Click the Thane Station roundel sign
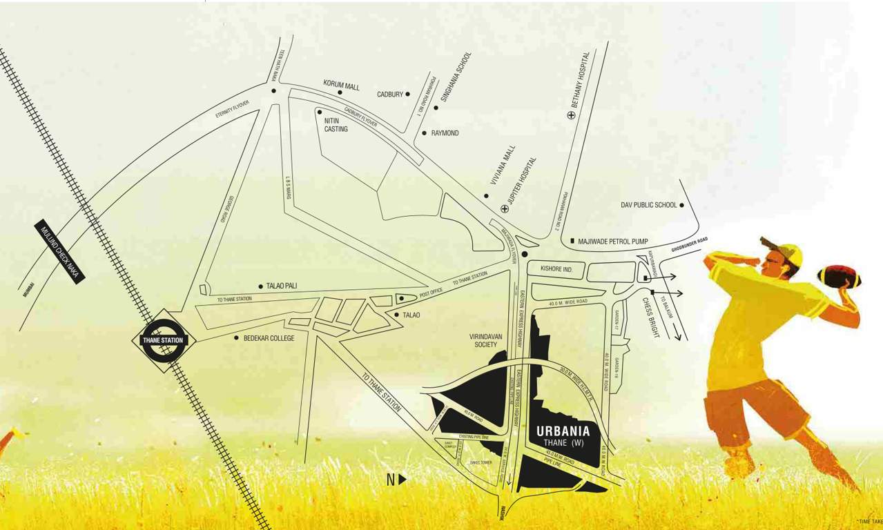click(164, 340)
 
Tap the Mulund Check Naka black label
click(61, 253)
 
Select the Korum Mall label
click(341, 86)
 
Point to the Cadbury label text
click(390, 94)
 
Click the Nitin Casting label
click(336, 125)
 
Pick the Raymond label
click(445, 133)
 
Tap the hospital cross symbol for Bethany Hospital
click(571, 115)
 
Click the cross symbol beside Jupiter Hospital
click(505, 208)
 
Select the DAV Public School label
click(649, 205)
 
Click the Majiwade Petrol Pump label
click(613, 242)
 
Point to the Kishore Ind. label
click(553, 268)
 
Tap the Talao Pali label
click(281, 286)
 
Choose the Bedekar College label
click(269, 338)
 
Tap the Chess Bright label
click(651, 317)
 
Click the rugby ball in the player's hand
click(839, 277)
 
